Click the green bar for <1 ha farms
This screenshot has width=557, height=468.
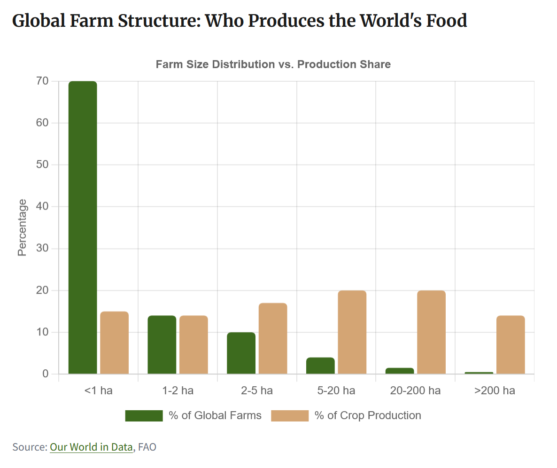click(x=83, y=228)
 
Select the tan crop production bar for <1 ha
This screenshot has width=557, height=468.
click(x=114, y=343)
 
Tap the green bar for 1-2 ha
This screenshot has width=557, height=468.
click(x=162, y=345)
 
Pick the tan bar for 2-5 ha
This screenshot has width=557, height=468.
click(x=273, y=339)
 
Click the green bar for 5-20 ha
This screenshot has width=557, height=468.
click(x=320, y=366)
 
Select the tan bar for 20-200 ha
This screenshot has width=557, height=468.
click(x=431, y=333)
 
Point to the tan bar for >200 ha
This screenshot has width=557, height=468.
click(x=511, y=345)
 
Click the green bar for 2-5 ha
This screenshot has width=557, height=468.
click(x=241, y=353)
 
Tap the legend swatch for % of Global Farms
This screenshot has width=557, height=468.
click(x=144, y=416)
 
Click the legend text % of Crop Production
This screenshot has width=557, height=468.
click(x=368, y=416)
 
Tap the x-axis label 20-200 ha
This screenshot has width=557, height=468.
click(x=415, y=391)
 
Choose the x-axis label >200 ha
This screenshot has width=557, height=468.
click(x=495, y=391)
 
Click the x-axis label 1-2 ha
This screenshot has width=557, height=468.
click(x=178, y=391)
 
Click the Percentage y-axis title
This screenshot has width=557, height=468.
click(x=22, y=228)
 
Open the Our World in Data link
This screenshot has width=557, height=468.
click(x=91, y=447)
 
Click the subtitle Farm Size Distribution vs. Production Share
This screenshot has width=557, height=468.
click(x=273, y=64)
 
